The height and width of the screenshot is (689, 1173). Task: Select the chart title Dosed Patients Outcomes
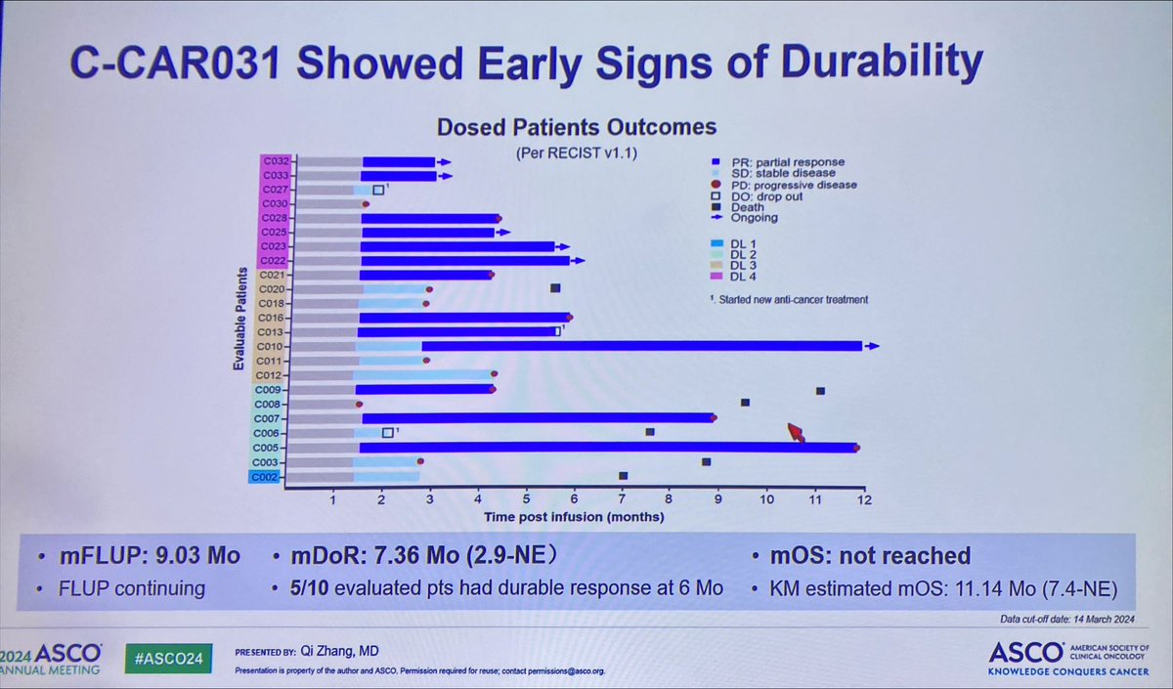click(576, 127)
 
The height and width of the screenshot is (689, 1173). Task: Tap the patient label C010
click(271, 346)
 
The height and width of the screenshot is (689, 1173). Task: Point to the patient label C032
click(275, 161)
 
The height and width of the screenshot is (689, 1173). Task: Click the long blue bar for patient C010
click(641, 346)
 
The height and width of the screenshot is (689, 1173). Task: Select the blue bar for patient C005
click(606, 448)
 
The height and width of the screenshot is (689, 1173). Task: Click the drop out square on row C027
click(378, 190)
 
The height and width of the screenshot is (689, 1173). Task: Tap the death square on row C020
click(555, 288)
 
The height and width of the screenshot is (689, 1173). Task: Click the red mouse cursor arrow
click(796, 432)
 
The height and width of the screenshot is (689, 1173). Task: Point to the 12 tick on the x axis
click(862, 501)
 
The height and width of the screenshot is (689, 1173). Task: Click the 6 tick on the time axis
click(574, 501)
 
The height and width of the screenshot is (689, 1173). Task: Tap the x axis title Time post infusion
click(574, 516)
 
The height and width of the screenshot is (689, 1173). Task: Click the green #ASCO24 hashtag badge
click(169, 658)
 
